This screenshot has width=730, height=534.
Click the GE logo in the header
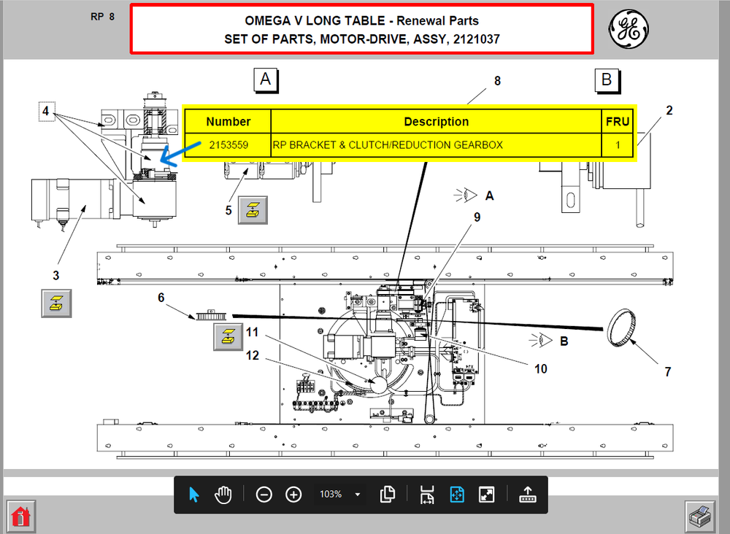point(629,28)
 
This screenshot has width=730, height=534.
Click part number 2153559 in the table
point(228,145)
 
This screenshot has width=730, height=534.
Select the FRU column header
point(618,122)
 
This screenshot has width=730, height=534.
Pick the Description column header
point(436,122)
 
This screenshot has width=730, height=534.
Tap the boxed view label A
point(266,80)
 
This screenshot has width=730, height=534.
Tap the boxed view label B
point(607,80)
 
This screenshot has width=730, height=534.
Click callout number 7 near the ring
point(667,372)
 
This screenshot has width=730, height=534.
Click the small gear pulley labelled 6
point(212,317)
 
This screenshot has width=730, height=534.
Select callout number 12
point(253,355)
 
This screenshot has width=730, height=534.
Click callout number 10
point(540,369)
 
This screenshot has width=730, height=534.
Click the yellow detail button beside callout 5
point(253,210)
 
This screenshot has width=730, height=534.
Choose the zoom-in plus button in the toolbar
point(293,495)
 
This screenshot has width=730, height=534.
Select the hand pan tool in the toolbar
point(223,495)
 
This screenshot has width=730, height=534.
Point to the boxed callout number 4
point(46,112)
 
